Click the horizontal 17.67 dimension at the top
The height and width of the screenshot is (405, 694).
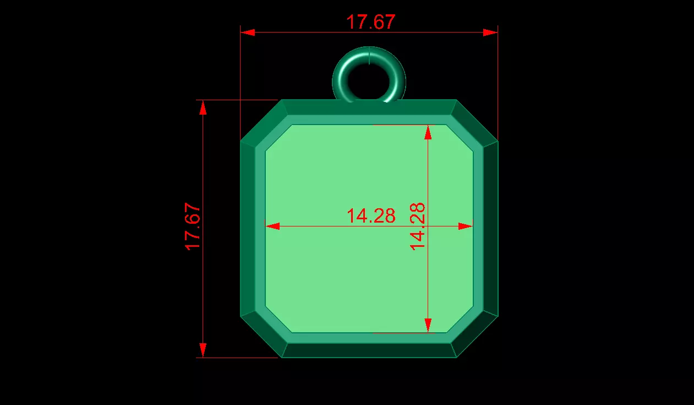tap(370, 22)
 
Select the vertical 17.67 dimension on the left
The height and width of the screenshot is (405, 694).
tap(193, 226)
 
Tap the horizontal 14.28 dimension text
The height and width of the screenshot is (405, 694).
tap(370, 216)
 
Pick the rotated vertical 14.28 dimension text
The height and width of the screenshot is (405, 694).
tap(418, 226)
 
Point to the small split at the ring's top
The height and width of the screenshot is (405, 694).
tap(369, 53)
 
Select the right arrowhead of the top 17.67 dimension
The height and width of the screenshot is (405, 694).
tap(490, 33)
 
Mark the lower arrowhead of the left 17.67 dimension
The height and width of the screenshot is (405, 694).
tap(203, 350)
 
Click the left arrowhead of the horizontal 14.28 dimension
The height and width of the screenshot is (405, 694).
tap(272, 226)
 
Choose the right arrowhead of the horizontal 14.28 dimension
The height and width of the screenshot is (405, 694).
tap(466, 226)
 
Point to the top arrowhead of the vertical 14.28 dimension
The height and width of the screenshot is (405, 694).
tap(428, 132)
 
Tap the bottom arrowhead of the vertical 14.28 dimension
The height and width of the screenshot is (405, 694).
tap(428, 325)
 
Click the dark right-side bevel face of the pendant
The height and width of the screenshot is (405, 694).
tap(490, 229)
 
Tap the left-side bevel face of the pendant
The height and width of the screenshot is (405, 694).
tap(248, 229)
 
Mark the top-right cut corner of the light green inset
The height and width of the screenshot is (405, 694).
tap(461, 137)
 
